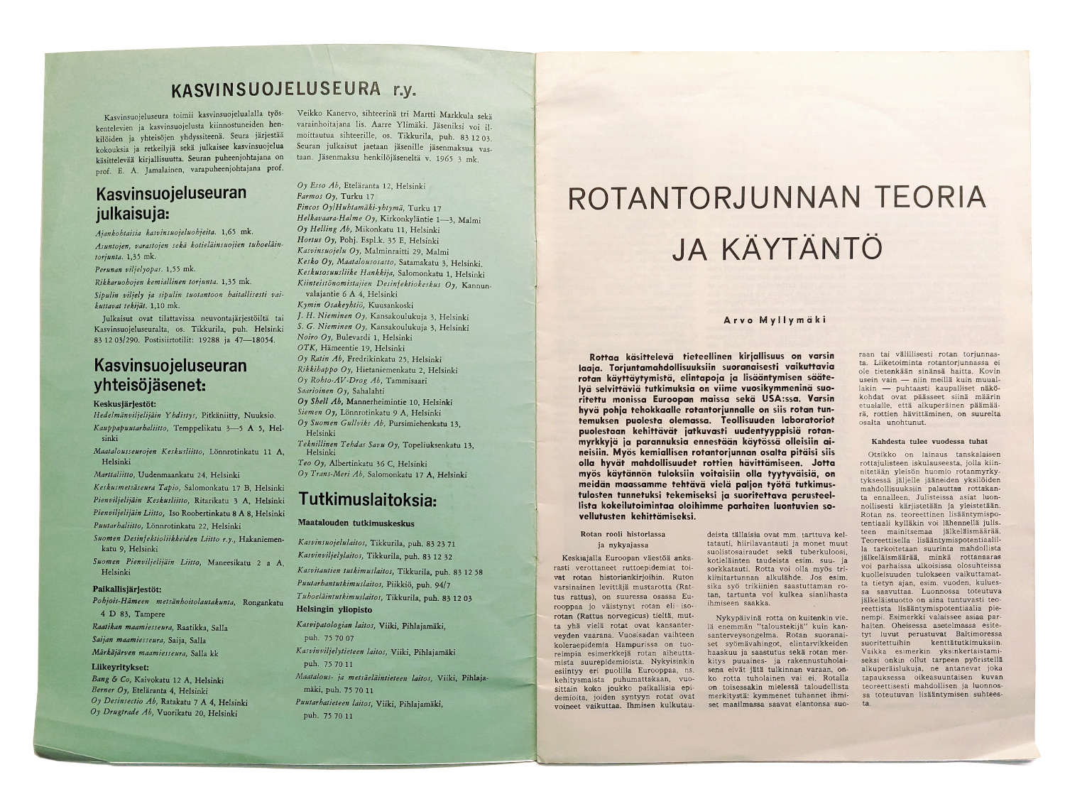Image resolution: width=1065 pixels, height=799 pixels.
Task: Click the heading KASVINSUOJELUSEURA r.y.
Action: [293, 90]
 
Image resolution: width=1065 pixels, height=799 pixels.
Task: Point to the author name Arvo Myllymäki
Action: [775, 320]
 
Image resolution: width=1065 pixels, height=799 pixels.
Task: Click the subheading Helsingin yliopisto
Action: [334, 609]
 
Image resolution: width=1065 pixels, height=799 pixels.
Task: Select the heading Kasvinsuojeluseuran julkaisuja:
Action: [171, 203]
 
